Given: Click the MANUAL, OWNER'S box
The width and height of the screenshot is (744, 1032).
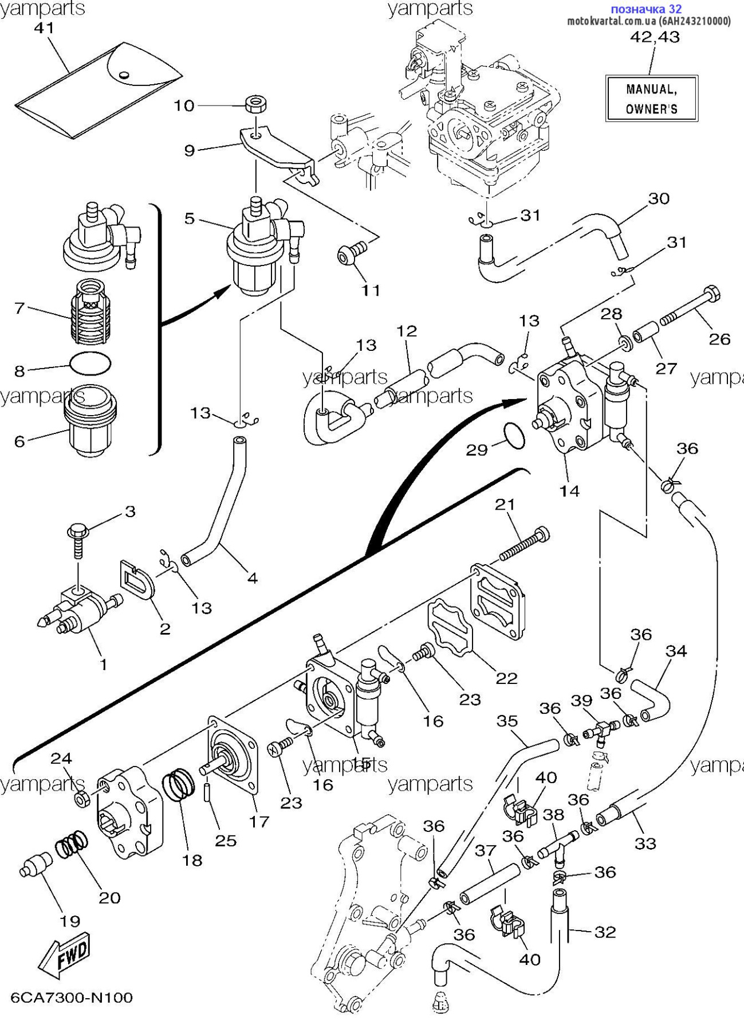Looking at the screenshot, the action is [x=651, y=98].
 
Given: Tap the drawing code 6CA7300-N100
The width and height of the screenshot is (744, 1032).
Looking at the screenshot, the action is [x=72, y=998].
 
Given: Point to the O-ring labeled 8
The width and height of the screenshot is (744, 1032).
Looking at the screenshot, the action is [x=89, y=363].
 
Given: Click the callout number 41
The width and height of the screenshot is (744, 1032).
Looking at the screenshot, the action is [x=44, y=28].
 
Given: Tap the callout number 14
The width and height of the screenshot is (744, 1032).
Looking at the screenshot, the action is [x=569, y=491].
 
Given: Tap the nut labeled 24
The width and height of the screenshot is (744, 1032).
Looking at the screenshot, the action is [x=82, y=798].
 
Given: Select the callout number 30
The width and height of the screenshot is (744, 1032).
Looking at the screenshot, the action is [x=659, y=198].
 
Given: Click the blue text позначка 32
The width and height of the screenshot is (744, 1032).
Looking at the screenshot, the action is [x=646, y=9].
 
